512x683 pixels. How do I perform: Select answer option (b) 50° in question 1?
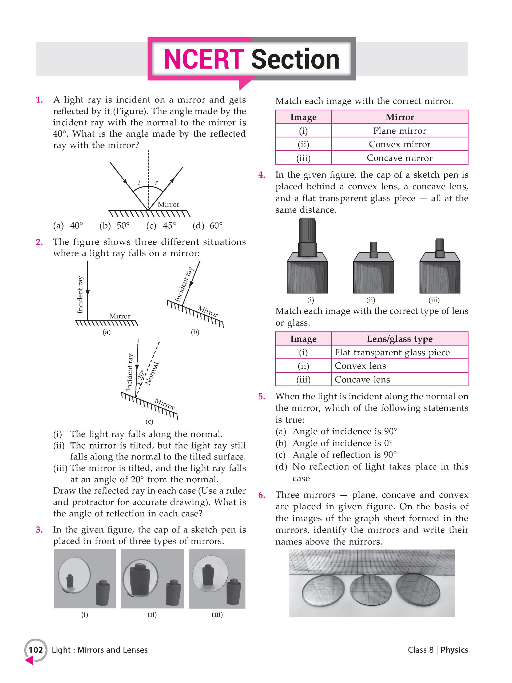(114, 226)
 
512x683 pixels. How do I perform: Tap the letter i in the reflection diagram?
(139, 183)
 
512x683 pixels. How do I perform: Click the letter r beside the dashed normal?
(156, 183)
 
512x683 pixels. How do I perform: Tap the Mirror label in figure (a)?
(120, 316)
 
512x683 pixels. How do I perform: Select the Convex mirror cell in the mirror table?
(399, 144)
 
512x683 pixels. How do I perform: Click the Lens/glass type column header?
(399, 339)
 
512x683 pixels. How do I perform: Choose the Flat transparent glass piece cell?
(392, 352)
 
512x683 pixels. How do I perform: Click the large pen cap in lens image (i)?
(307, 238)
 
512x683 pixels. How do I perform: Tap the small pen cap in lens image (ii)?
(373, 250)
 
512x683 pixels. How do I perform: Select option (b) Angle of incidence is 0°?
(334, 443)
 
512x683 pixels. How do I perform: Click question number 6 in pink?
(261, 495)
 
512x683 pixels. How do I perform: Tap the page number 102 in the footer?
(36, 650)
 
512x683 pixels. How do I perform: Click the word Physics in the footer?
(454, 650)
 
